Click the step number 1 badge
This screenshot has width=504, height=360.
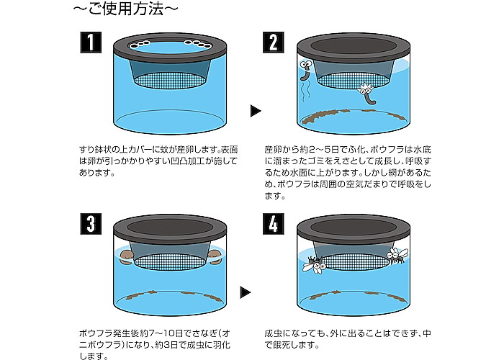pyautogui.click(x=91, y=42)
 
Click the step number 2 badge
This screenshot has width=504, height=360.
pyautogui.click(x=273, y=42)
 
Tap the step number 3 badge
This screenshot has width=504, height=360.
pyautogui.click(x=91, y=224)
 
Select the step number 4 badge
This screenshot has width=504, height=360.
pyautogui.click(x=273, y=224)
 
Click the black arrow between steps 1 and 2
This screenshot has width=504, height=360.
pyautogui.click(x=255, y=111)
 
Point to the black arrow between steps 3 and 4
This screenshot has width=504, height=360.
pyautogui.click(x=246, y=292)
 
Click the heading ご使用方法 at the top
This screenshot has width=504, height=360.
pyautogui.click(x=125, y=9)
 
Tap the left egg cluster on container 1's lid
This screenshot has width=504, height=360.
pyautogui.click(x=140, y=45)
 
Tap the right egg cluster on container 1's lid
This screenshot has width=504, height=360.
pyautogui.click(x=198, y=44)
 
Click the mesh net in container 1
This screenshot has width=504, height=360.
pyautogui.click(x=170, y=81)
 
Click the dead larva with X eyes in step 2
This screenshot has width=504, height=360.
pyautogui.click(x=367, y=94)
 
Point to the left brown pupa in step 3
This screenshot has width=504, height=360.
pyautogui.click(x=127, y=257)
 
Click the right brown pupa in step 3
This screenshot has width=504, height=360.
pyautogui.click(x=215, y=257)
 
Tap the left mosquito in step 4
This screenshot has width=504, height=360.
pyautogui.click(x=313, y=264)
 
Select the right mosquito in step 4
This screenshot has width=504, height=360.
pyautogui.click(x=397, y=256)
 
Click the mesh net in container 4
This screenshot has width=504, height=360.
pyautogui.click(x=353, y=261)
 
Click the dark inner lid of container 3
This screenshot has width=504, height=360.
pyautogui.click(x=170, y=227)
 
